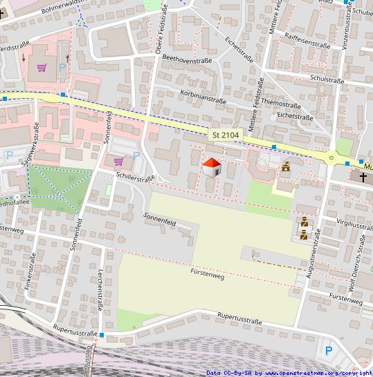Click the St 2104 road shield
tap(226, 135)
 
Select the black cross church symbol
tap(363, 177)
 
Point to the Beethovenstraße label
tap(187, 61)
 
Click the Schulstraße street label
tap(327, 79)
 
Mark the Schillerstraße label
tap(136, 177)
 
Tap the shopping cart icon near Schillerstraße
tap(118, 162)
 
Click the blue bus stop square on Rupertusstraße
tap(102, 336)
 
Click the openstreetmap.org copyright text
tap(289, 373)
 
